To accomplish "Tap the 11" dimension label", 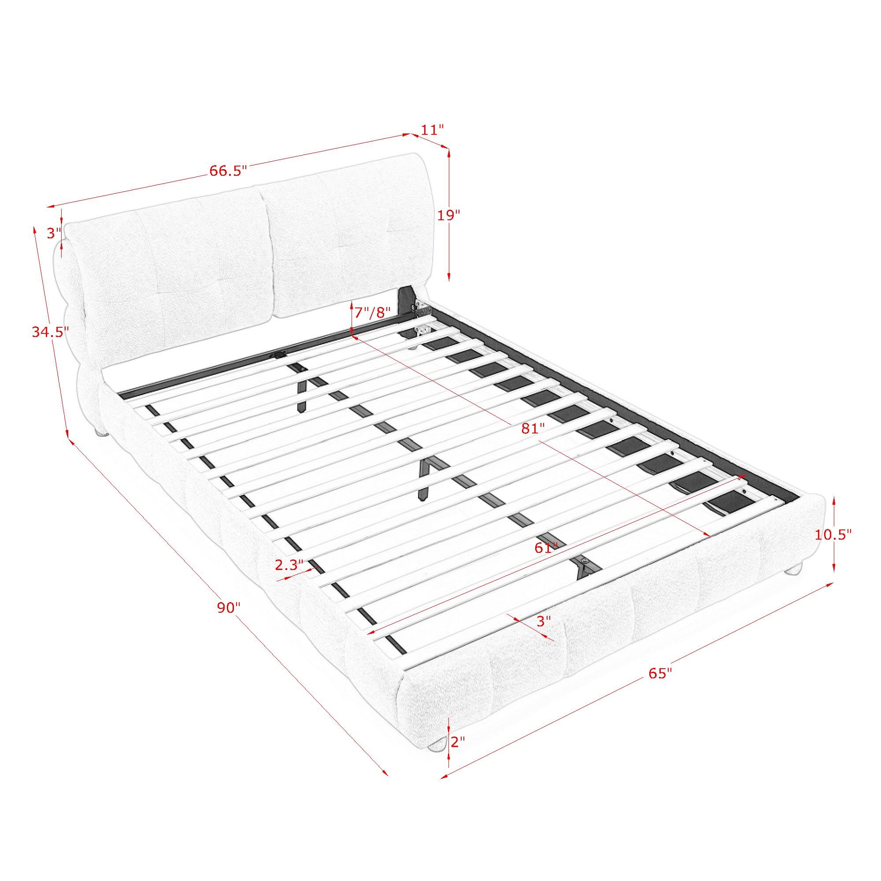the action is click(432, 130).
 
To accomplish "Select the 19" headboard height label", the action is click(449, 215).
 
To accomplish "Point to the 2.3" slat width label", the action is click(289, 565).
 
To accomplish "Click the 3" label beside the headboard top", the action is click(54, 233).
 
